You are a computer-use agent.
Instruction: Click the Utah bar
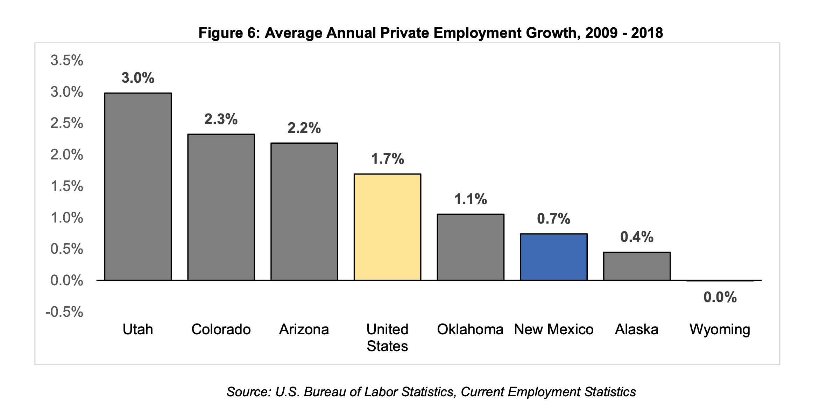138,186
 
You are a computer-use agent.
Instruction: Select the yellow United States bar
387,227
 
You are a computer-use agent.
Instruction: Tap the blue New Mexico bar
553,257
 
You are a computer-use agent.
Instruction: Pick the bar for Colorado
221,207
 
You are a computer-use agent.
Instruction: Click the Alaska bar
637,266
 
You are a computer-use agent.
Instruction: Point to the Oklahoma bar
471,247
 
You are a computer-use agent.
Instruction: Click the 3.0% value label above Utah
138,78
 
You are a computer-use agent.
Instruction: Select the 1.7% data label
387,159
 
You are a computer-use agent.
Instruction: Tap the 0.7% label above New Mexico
553,219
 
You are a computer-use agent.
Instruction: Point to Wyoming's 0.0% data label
720,297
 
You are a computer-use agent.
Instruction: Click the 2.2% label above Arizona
304,128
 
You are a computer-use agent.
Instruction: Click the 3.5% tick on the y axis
67,60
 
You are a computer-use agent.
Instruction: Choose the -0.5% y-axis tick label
64,312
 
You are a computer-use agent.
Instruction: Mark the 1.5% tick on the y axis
67,186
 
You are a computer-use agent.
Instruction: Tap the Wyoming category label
720,329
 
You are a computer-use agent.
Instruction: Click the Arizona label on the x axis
304,329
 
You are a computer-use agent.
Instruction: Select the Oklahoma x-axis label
470,329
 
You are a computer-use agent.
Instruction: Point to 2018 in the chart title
647,33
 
